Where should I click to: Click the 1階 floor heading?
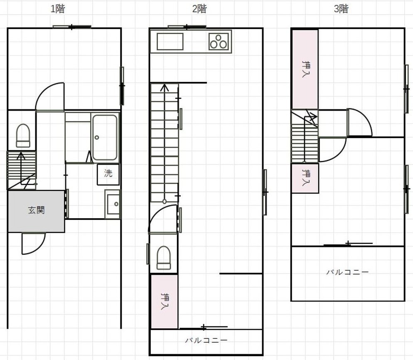tap(58, 9)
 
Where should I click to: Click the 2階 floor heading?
tap(199, 9)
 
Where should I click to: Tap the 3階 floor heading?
tap(341, 9)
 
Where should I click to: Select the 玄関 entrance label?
tap(36, 210)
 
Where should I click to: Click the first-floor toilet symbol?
tap(23, 136)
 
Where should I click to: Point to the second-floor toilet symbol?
tap(164, 258)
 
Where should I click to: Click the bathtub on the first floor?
tap(105, 137)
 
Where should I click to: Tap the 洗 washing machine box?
tap(108, 174)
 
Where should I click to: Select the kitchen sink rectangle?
tap(170, 42)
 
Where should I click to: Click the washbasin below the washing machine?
tap(113, 204)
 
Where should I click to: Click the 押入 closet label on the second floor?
tap(165, 301)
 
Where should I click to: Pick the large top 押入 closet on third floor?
tap(305, 69)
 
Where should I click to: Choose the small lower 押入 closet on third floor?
tap(305, 178)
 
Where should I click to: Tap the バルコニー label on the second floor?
tap(206, 340)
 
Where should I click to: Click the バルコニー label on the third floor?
tap(348, 272)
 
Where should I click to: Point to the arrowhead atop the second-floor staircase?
tap(165, 87)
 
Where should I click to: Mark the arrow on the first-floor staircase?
tap(21, 169)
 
